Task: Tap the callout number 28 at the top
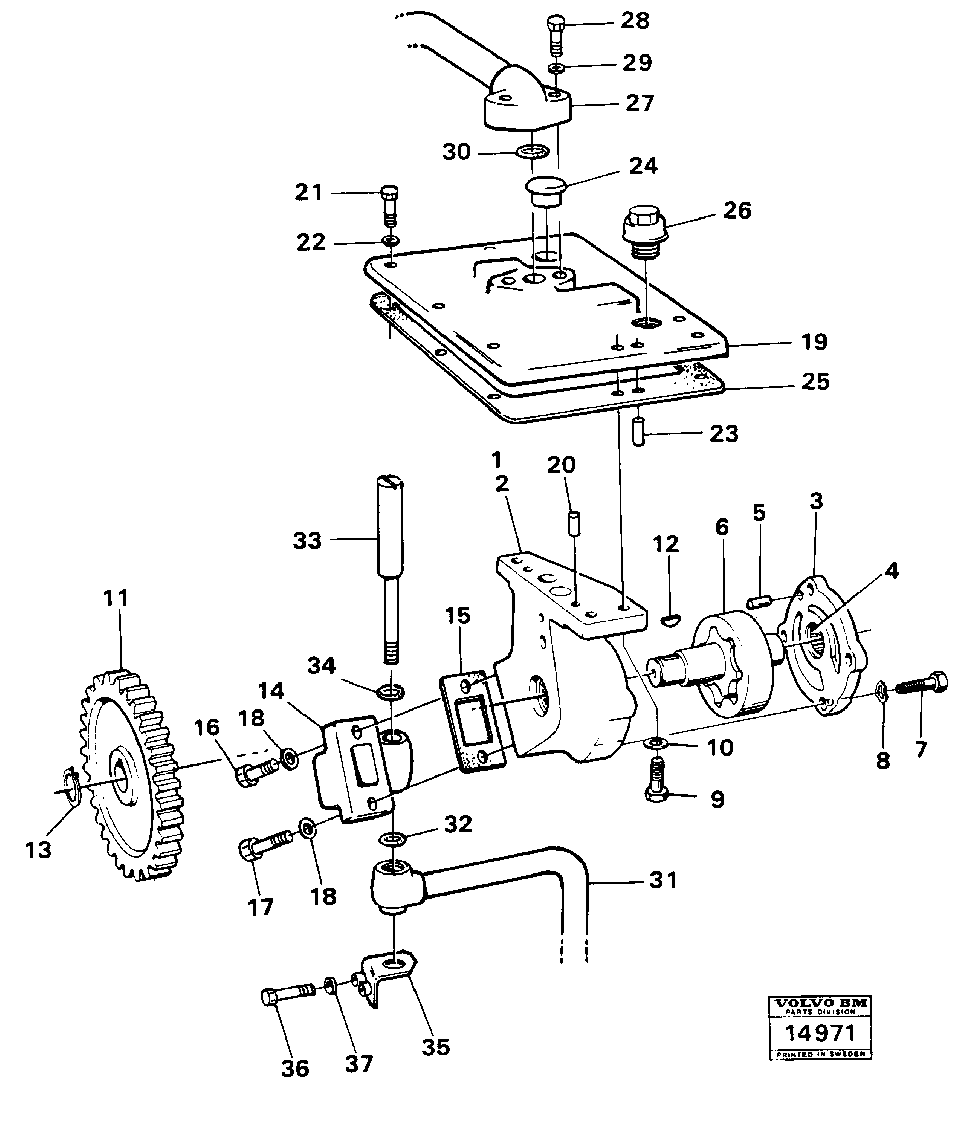tap(634, 21)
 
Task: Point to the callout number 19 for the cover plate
tap(814, 342)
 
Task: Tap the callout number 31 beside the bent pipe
tap(662, 881)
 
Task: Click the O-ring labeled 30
tap(532, 152)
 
